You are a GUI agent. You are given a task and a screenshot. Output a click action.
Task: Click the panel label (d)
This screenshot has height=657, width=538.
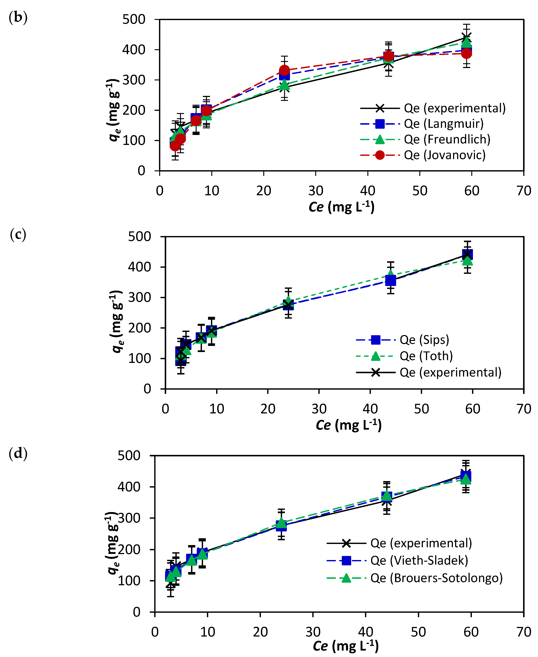(18, 453)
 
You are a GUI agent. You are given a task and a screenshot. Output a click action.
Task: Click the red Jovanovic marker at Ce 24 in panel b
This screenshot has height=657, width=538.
(284, 70)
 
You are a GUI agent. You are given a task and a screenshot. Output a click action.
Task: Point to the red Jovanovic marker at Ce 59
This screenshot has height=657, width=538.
(466, 53)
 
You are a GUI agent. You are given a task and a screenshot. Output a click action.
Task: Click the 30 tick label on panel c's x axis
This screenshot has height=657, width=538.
(319, 409)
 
